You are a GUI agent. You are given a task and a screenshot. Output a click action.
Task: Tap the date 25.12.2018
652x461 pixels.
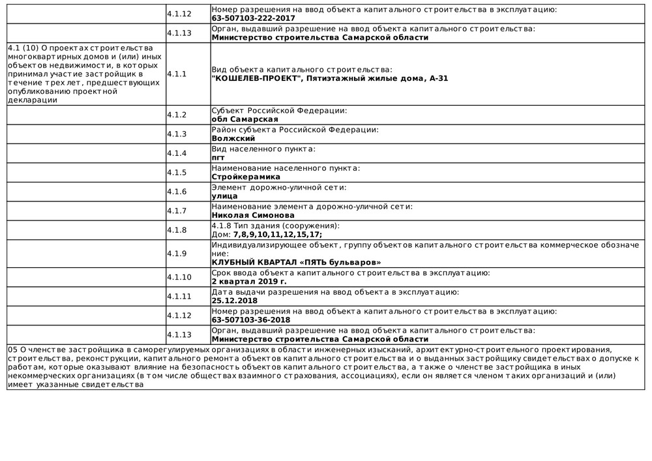tap(235, 301)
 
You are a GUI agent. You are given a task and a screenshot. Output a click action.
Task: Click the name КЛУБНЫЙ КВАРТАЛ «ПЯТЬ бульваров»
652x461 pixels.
tap(297, 262)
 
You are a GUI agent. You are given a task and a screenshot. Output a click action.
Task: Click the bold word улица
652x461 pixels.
tap(224, 196)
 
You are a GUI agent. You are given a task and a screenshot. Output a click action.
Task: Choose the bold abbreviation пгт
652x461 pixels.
tap(218, 157)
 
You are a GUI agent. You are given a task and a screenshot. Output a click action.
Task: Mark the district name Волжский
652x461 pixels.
tap(233, 138)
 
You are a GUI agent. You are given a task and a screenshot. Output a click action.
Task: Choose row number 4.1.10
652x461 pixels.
tap(179, 277)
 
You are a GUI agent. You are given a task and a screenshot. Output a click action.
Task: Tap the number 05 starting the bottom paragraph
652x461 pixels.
tap(12, 350)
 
